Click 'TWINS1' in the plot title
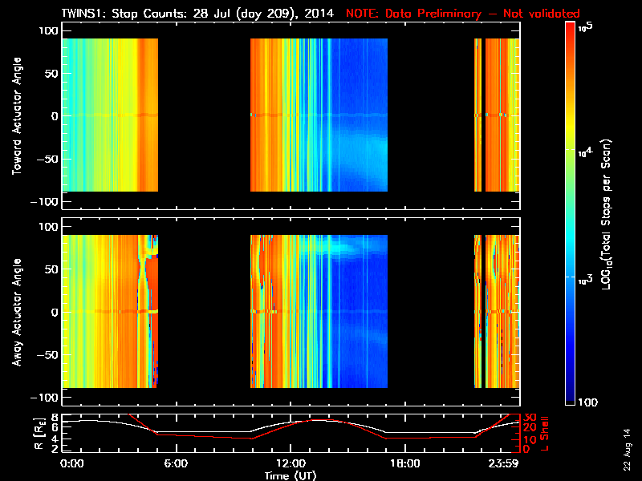(81, 14)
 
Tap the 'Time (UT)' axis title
(290, 475)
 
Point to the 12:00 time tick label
(290, 463)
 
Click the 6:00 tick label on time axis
(176, 463)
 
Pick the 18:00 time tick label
(404, 463)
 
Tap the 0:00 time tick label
(72, 463)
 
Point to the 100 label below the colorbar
(587, 400)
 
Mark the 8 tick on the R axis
(53, 418)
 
